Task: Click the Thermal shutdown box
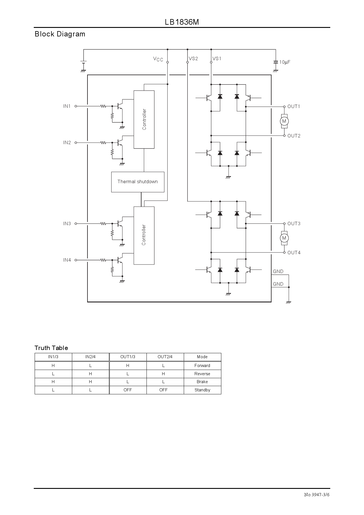point(138,182)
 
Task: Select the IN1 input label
point(67,106)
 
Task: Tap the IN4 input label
point(67,260)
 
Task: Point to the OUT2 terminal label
point(294,136)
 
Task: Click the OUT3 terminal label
point(294,223)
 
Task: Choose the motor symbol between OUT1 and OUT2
point(284,121)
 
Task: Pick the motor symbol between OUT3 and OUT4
point(284,238)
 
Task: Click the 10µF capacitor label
point(285,62)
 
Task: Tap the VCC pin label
point(158,59)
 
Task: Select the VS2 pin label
point(193,58)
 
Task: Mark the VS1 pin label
point(217,58)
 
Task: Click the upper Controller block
point(144,120)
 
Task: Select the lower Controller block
point(144,235)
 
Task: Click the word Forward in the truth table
point(202,366)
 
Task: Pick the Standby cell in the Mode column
point(202,390)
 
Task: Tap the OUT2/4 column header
point(165,357)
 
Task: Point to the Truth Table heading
point(51,348)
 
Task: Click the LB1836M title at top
point(182,22)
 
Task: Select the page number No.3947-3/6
point(317,495)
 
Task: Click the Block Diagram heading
point(60,34)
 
